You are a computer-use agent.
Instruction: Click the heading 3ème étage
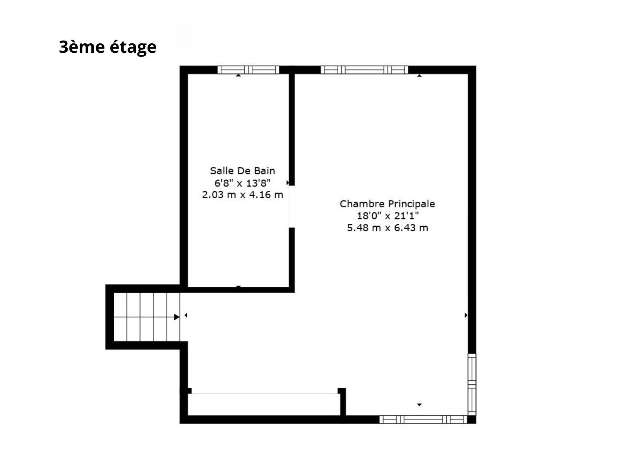[108, 47]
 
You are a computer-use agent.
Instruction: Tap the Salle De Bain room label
[242, 170]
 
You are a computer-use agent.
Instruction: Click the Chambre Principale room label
[387, 204]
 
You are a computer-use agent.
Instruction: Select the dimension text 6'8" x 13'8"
[242, 183]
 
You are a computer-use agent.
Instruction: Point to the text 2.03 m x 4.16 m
[242, 195]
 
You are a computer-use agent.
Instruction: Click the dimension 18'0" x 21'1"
[388, 216]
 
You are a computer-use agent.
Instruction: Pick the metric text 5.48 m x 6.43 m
[388, 228]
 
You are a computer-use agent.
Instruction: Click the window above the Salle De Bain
[248, 70]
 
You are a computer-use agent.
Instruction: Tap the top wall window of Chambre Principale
[364, 70]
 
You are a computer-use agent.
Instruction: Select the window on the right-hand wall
[472, 385]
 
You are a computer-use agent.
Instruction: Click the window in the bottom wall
[423, 419]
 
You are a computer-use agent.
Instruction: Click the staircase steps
[147, 317]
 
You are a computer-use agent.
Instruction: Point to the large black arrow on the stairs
[177, 317]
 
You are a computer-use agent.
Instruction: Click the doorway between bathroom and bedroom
[292, 206]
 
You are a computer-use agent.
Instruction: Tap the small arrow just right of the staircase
[186, 315]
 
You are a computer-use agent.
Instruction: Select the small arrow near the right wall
[466, 315]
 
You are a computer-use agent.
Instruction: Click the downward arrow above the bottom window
[419, 404]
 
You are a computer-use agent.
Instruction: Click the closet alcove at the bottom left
[264, 404]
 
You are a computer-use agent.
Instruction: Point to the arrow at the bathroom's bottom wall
[239, 286]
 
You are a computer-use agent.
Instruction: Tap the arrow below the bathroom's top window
[238, 75]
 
